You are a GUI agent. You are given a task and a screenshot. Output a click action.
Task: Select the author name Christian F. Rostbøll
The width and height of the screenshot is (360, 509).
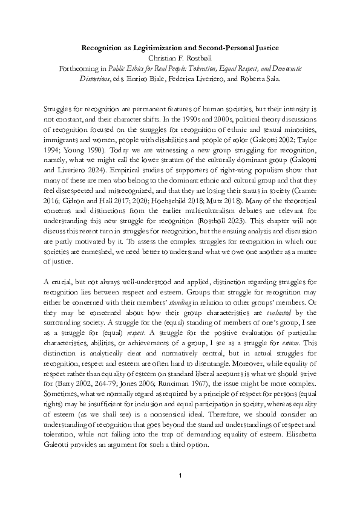click(x=180, y=58)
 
